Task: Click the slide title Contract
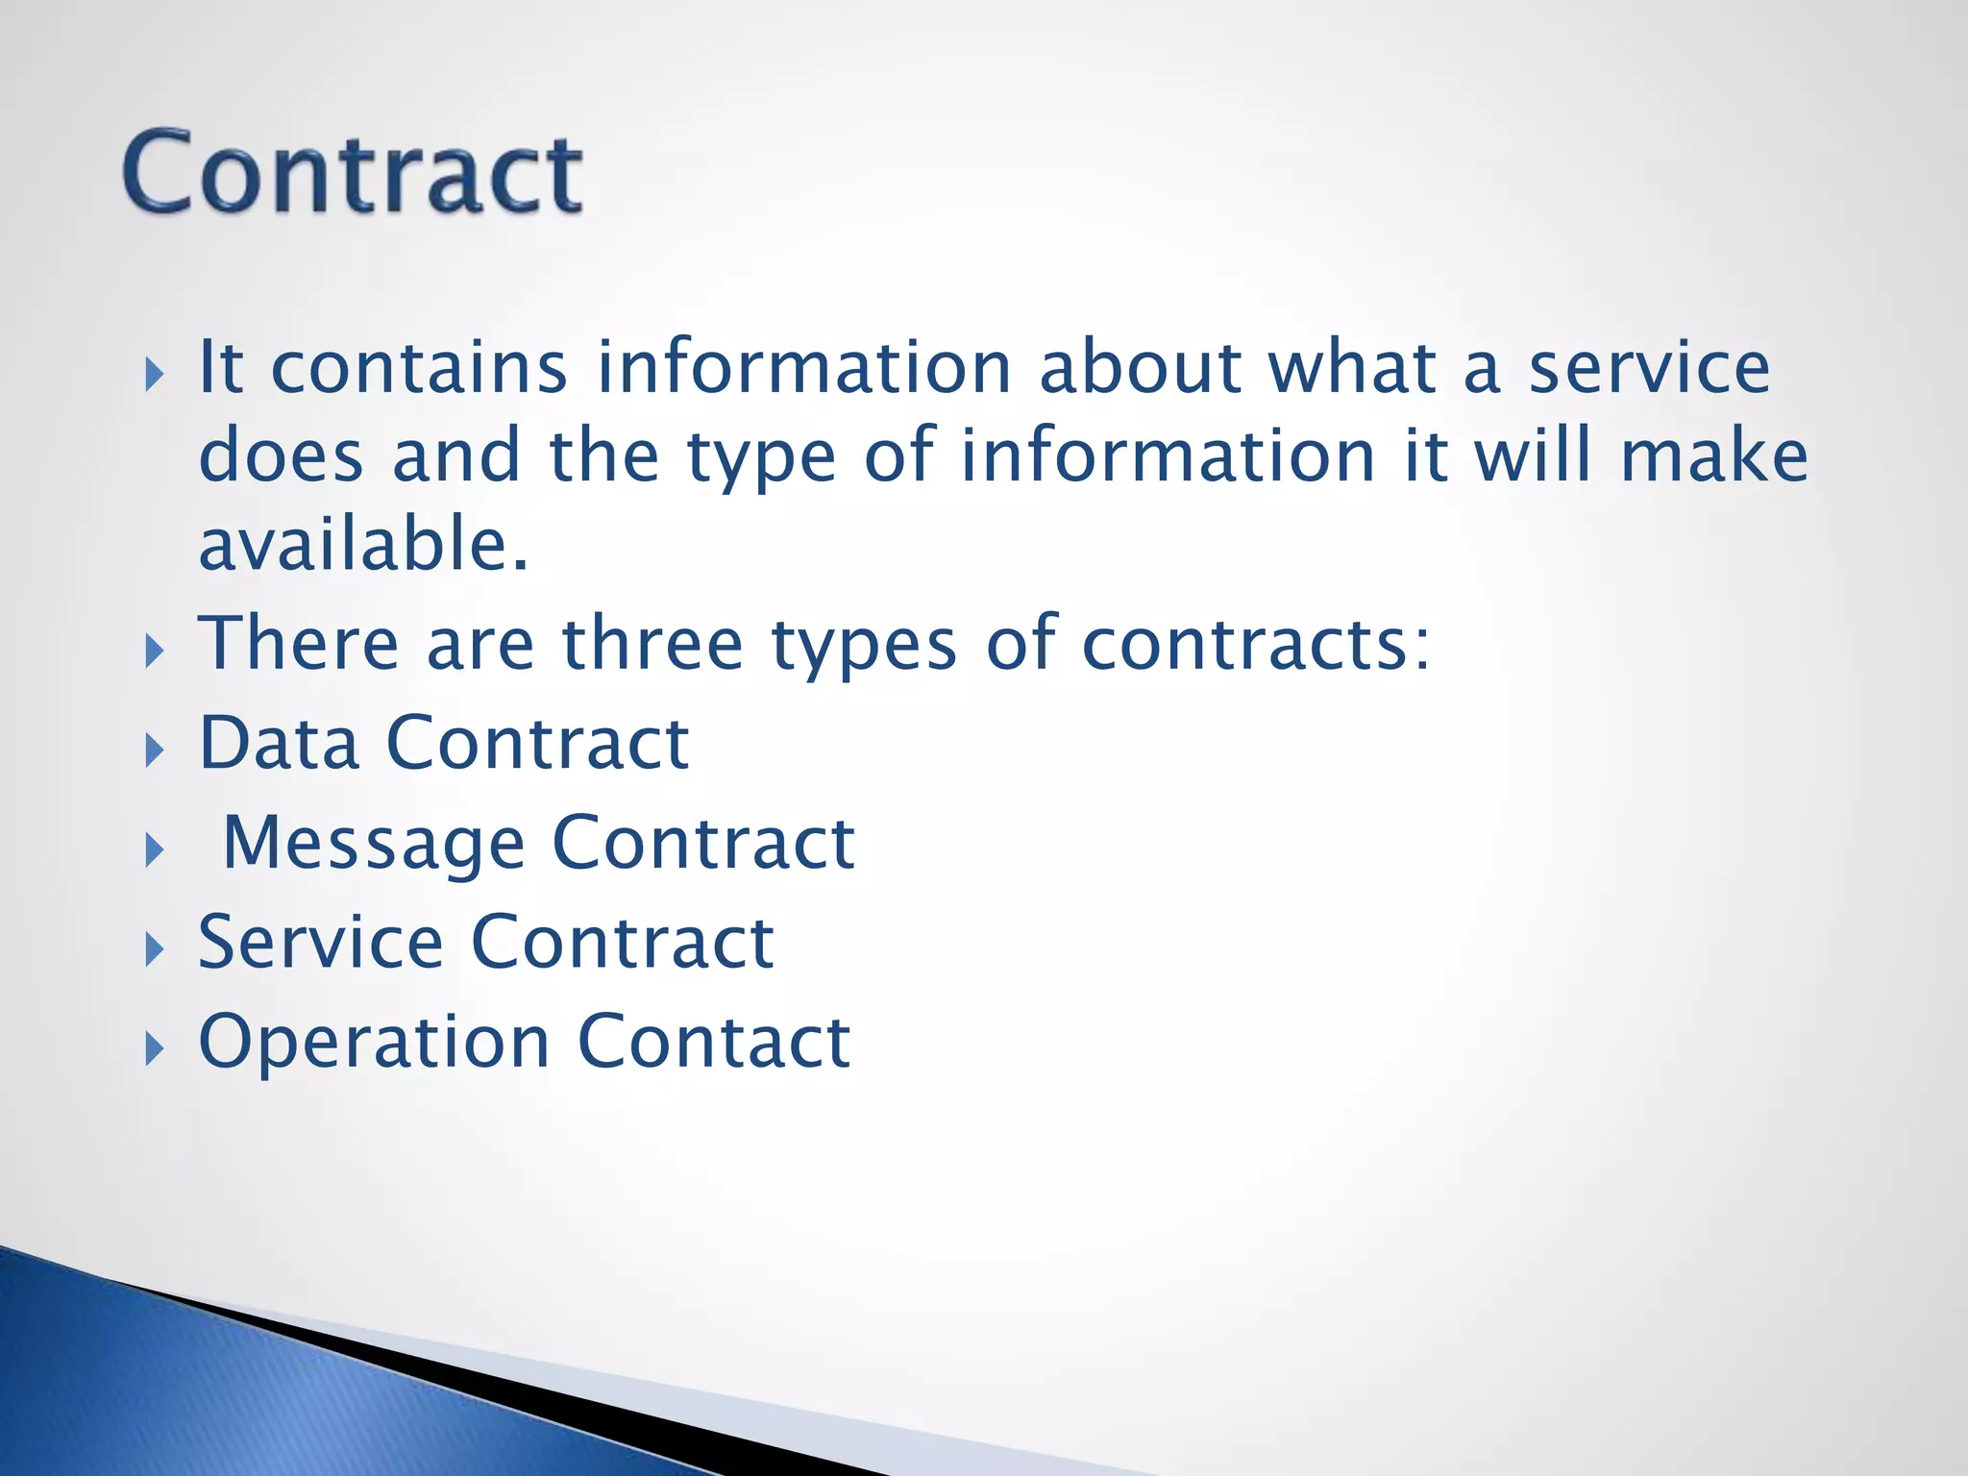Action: coord(352,173)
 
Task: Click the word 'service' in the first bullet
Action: coord(1649,368)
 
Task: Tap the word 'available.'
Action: coord(363,544)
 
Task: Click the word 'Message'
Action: coord(373,844)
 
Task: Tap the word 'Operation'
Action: coord(374,1042)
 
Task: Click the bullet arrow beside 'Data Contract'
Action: coord(154,750)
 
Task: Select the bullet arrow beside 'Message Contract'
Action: coord(154,850)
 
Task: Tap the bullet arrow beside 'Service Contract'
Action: coord(154,949)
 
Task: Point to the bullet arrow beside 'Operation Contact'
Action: coord(154,1049)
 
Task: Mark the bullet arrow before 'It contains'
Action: coord(154,375)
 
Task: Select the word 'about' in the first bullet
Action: coord(1141,368)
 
